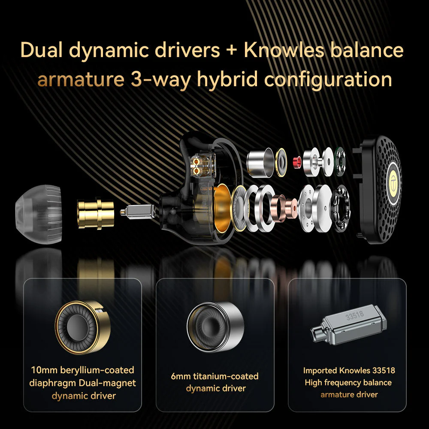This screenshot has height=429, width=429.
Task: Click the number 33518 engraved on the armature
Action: (355, 314)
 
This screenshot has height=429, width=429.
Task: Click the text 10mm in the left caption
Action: (44, 370)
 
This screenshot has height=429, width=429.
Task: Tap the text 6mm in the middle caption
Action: (181, 376)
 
